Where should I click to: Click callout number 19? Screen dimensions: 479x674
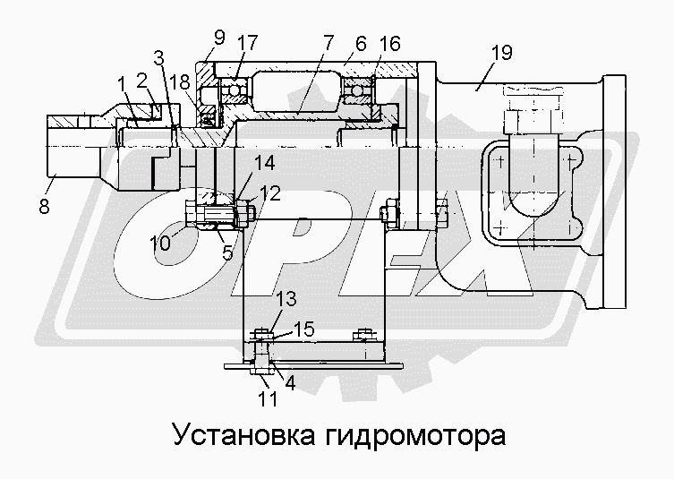501,54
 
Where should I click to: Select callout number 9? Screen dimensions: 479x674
218,39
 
